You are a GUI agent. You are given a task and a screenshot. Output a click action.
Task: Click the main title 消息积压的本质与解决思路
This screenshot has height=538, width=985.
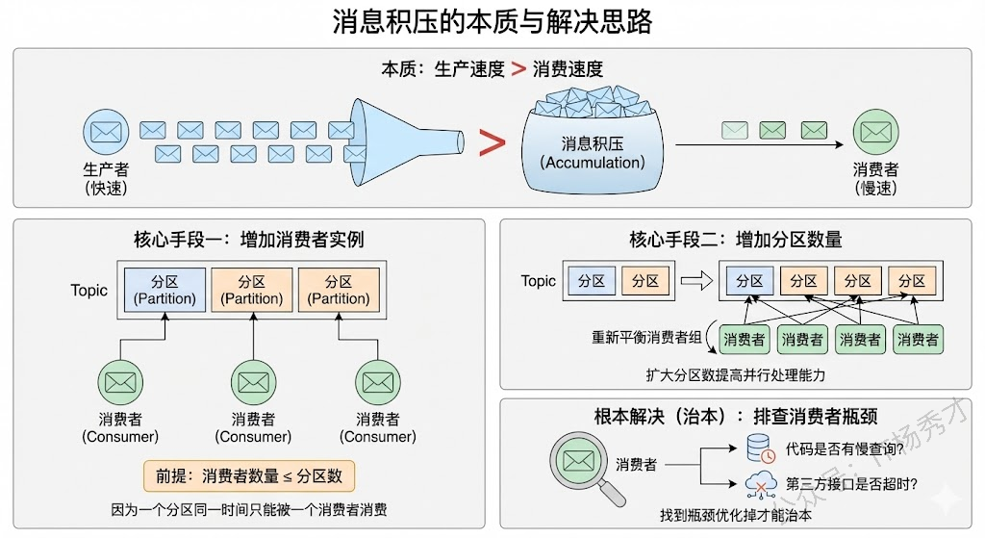(x=492, y=23)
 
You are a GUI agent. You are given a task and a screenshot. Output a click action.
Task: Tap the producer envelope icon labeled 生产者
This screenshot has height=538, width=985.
(x=105, y=132)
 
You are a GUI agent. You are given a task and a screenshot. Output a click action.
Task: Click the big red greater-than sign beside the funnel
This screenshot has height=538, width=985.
(x=492, y=142)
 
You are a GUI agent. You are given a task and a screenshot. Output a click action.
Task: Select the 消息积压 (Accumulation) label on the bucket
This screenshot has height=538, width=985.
(x=593, y=153)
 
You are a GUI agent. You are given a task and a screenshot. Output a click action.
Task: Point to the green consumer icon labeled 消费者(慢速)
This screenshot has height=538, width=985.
(x=874, y=132)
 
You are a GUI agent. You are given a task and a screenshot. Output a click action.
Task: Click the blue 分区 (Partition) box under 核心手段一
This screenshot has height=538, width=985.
(x=164, y=290)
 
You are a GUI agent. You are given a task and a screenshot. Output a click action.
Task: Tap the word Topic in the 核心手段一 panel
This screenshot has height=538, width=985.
(x=89, y=290)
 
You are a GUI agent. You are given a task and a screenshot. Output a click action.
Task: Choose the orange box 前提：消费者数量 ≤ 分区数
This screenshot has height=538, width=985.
(x=249, y=475)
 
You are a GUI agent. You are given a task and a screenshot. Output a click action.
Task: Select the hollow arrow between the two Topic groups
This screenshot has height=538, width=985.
(x=695, y=281)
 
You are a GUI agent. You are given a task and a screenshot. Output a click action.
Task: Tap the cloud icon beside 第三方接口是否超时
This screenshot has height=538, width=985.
(x=760, y=483)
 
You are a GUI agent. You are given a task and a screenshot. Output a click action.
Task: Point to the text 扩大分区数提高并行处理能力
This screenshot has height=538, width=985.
(x=736, y=374)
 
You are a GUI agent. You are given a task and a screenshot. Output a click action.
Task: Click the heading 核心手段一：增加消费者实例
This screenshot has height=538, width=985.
(x=249, y=240)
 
